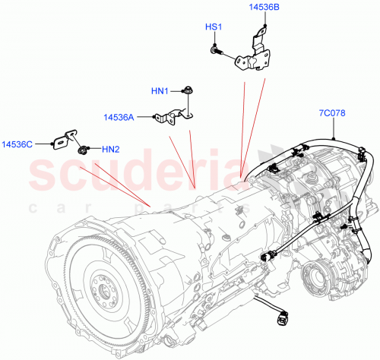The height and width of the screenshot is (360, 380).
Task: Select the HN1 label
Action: (x=159, y=92)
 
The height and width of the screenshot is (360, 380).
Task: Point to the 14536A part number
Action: (x=119, y=117)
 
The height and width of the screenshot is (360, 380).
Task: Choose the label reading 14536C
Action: (x=17, y=143)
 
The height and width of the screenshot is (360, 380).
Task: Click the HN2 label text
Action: (x=110, y=148)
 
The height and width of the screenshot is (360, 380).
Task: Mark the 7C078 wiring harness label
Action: (x=332, y=114)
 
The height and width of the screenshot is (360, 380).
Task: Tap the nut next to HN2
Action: (x=84, y=149)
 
